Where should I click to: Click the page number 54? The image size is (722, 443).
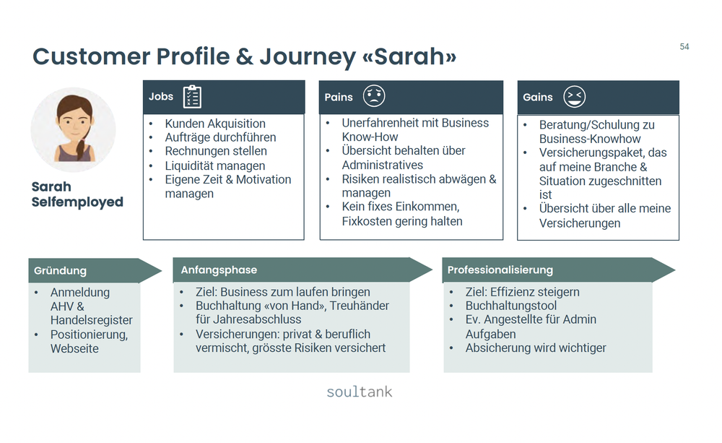[684, 47]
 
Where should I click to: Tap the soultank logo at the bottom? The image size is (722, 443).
[359, 392]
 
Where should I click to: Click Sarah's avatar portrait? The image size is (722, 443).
[73, 130]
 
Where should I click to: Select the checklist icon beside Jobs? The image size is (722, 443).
[192, 97]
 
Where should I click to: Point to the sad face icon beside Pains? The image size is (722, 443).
[374, 96]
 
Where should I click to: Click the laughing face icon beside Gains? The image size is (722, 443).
[575, 97]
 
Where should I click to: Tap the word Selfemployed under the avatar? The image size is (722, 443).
[77, 202]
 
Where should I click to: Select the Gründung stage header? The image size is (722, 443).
[60, 271]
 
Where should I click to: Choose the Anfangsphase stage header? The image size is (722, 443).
[219, 270]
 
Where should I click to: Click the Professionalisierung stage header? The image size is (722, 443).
[500, 270]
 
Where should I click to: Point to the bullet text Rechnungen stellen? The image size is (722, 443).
[216, 151]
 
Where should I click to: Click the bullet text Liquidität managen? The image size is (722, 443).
[215, 165]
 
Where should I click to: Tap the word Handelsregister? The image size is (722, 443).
[92, 320]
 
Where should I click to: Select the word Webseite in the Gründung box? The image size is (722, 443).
[74, 348]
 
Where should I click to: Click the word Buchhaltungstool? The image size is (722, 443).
[511, 306]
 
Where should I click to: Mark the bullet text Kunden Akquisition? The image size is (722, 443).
[215, 124]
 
